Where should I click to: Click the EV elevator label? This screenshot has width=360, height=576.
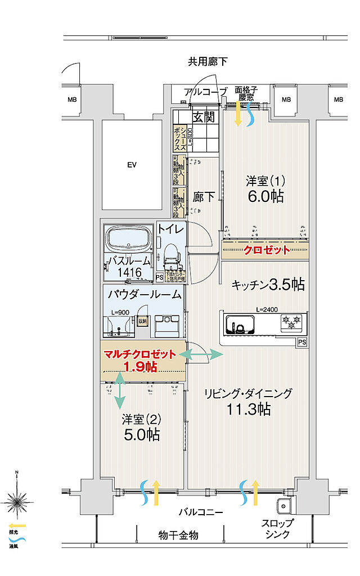tap(132, 165)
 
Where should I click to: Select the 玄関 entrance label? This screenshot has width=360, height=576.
tap(203, 118)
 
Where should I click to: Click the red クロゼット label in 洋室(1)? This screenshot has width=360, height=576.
tap(266, 250)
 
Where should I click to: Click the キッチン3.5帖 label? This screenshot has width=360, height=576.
tap(268, 285)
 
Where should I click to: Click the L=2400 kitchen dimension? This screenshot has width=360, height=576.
tap(267, 310)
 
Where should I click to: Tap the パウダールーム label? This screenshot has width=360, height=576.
tap(144, 294)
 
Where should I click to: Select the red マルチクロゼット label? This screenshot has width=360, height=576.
tap(140, 354)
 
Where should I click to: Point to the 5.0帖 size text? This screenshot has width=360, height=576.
tap(141, 434)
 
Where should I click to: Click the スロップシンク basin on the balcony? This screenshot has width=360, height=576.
tap(282, 505)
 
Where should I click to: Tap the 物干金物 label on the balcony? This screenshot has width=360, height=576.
tap(178, 535)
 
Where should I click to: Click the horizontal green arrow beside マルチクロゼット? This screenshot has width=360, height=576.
tap(201, 354)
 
